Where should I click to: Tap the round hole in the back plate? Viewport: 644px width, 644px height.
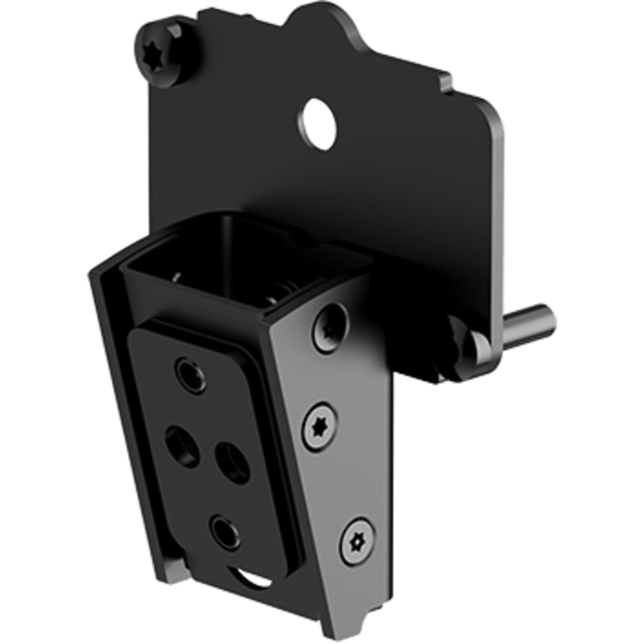(319, 122)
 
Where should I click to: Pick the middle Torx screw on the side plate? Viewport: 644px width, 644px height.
(320, 427)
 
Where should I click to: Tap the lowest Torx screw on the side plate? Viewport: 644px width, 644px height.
(357, 540)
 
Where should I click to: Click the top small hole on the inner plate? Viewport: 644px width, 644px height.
(191, 374)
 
